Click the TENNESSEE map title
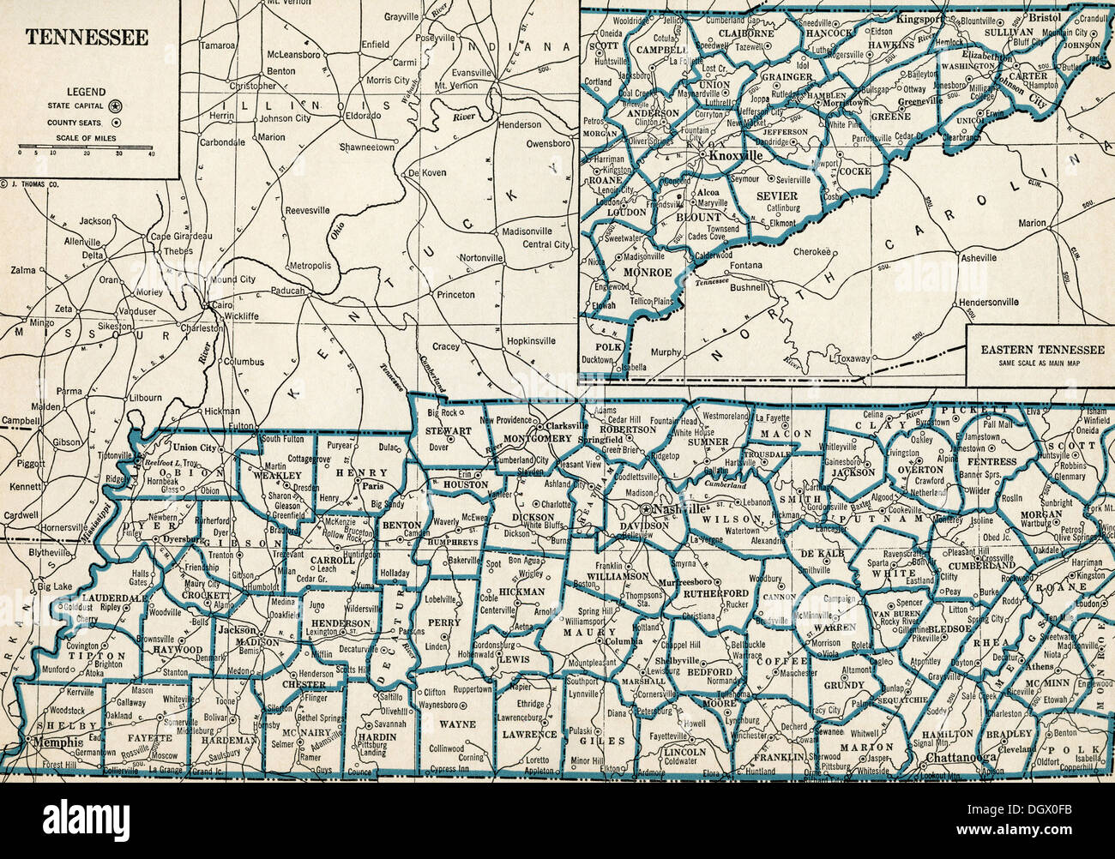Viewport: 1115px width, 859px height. (86, 38)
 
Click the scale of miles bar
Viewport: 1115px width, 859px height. (86, 147)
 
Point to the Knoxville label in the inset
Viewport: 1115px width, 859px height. (733, 157)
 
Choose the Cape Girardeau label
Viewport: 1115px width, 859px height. (181, 236)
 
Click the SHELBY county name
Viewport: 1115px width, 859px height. (39, 727)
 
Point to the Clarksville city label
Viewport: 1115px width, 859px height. (569, 424)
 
